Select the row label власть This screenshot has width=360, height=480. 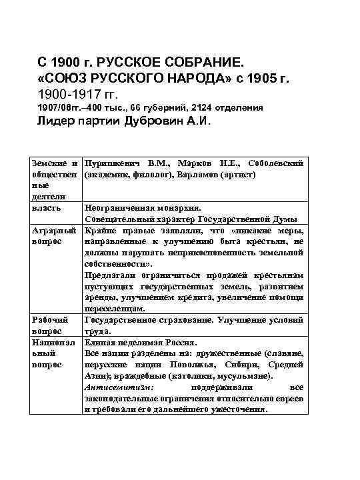pos(47,207)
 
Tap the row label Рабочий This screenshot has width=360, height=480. pos(51,320)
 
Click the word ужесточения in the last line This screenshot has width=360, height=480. pos(237,409)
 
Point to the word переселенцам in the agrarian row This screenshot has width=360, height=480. pos(115,309)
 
